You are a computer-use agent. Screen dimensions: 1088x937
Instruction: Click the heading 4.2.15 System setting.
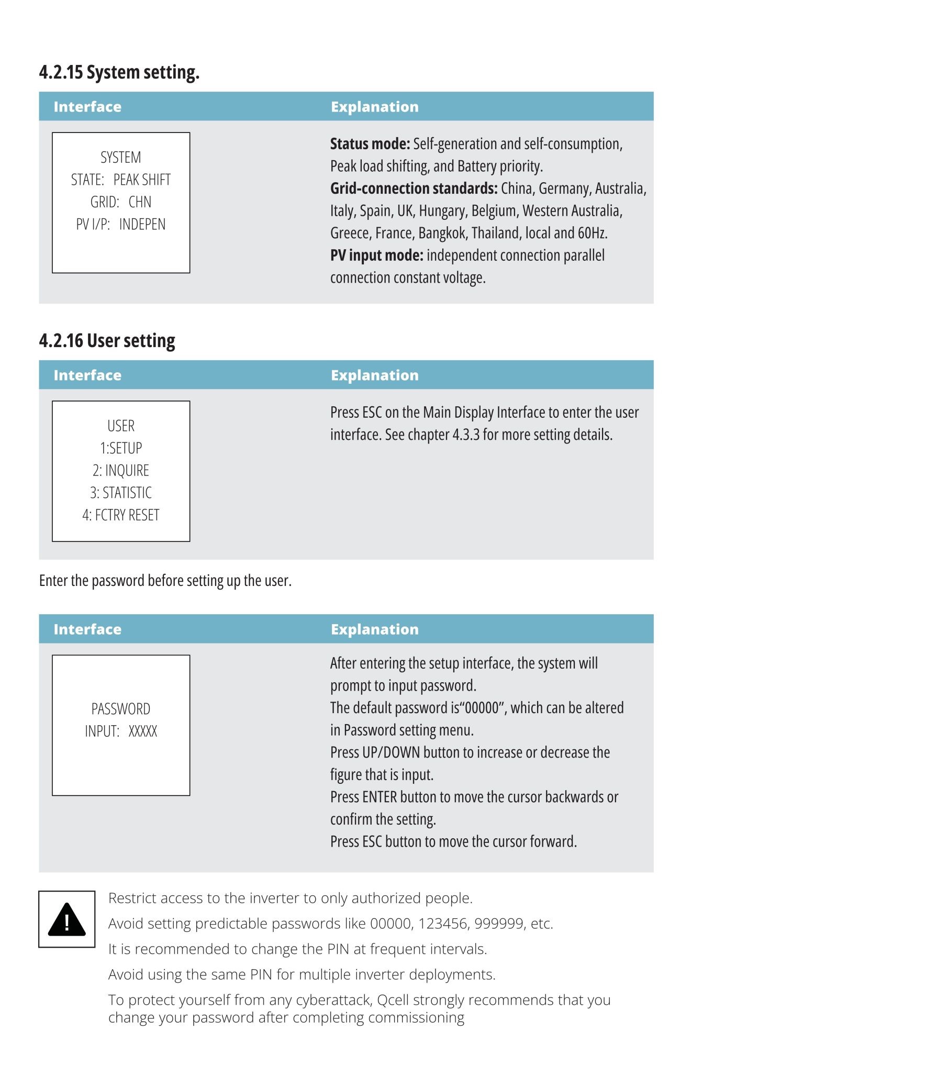coord(119,72)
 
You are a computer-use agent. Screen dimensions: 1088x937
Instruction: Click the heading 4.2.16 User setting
coord(107,341)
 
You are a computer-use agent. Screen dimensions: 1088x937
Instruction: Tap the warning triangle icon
coord(66,919)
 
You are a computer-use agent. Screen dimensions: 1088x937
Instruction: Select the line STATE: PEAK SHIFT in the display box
coord(121,180)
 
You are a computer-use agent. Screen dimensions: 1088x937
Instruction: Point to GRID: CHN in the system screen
coord(121,202)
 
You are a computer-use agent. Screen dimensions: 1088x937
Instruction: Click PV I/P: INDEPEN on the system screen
coord(121,225)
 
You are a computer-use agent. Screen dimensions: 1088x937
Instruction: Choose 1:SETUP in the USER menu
coord(121,448)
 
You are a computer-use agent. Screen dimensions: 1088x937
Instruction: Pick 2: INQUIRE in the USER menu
coord(121,471)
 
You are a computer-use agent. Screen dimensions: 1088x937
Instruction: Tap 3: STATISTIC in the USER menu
coord(121,493)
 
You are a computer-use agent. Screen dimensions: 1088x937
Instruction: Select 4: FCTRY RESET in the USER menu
coord(121,515)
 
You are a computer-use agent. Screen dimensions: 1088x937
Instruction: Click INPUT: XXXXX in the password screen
coord(121,731)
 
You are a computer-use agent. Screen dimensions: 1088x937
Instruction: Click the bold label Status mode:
coord(370,144)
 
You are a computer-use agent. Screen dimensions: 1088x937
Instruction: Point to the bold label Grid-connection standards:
coord(414,188)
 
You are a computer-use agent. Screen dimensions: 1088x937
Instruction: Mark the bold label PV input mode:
coord(376,256)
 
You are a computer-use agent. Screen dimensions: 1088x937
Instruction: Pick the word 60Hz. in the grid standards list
coord(592,233)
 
